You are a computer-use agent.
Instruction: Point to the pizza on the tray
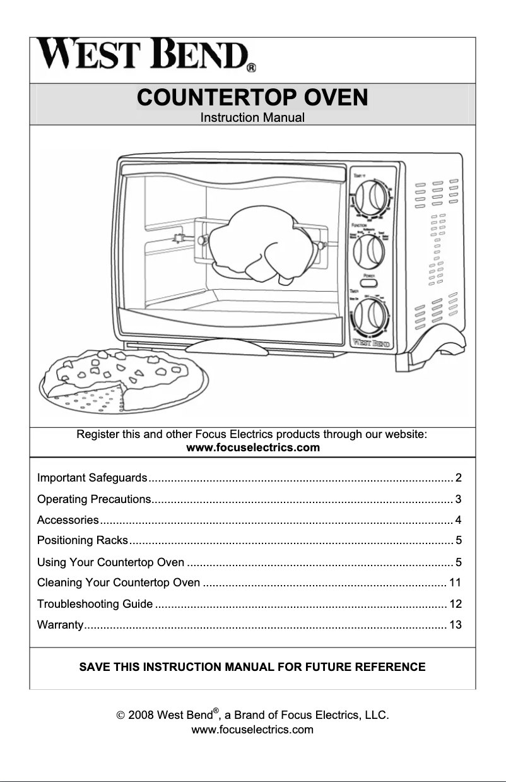(124, 379)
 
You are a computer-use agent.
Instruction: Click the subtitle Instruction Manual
(252, 118)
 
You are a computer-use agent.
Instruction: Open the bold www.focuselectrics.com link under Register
(254, 448)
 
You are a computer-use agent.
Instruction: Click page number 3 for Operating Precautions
(459, 500)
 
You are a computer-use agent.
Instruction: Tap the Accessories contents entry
(68, 521)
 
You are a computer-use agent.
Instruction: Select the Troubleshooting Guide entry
(95, 604)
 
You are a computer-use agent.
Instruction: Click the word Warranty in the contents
(60, 625)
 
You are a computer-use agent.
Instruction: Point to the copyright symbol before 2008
(120, 716)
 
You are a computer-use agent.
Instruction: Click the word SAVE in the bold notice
(93, 667)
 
